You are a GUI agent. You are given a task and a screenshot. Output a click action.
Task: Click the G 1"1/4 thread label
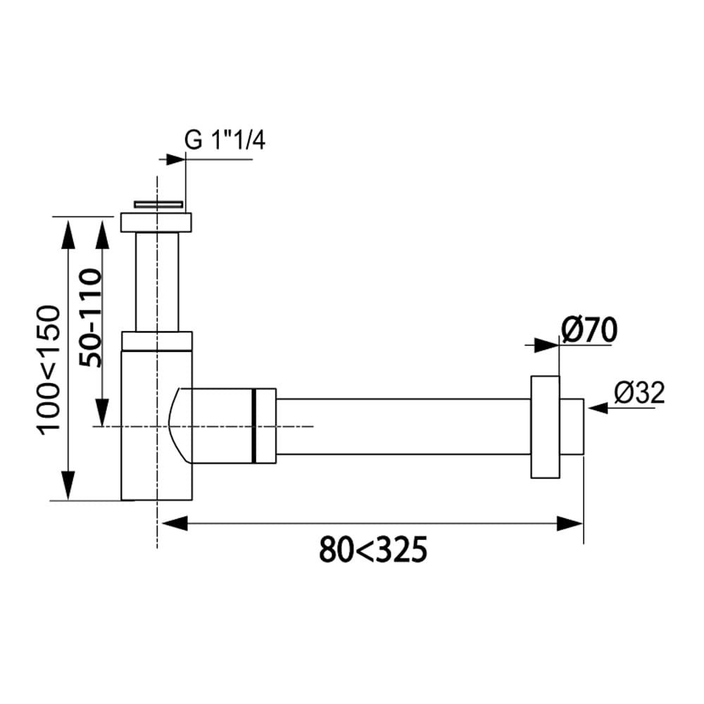pyautogui.click(x=225, y=141)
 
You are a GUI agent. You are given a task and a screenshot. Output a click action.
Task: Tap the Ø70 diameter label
pyautogui.click(x=589, y=330)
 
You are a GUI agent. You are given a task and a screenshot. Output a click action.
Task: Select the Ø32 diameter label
pyautogui.click(x=639, y=394)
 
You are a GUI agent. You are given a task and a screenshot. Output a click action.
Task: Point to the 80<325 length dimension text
pyautogui.click(x=372, y=550)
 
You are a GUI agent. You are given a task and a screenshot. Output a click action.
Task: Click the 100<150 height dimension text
pyautogui.click(x=49, y=370)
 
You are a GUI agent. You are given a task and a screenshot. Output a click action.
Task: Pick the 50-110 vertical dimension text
pyautogui.click(x=90, y=318)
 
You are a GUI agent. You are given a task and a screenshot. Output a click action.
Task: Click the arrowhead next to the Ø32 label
pyautogui.click(x=598, y=408)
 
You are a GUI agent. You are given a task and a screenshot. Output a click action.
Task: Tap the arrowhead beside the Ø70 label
pyautogui.click(x=546, y=345)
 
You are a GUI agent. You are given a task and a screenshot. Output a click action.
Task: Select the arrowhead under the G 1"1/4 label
pyautogui.click(x=175, y=159)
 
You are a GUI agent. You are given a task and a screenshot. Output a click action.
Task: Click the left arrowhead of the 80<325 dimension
pyautogui.click(x=175, y=523)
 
